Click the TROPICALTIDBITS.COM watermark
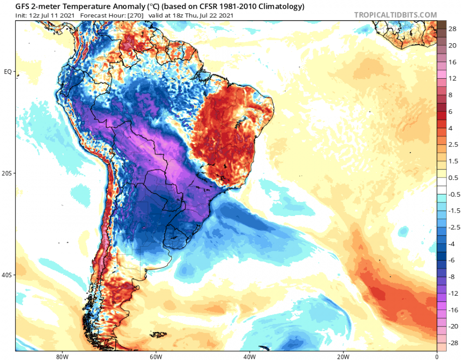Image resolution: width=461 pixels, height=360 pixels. point(396,15)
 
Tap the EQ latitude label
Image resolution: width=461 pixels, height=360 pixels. point(8,72)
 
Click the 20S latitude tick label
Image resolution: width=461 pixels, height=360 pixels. point(7,173)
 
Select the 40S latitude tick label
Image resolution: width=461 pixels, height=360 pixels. point(7,276)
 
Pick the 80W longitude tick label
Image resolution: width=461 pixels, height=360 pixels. point(61,356)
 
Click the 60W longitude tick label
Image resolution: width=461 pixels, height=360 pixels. point(155,356)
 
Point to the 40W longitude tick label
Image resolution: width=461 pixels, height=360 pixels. point(249,356)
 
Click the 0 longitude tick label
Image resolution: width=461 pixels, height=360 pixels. point(437,356)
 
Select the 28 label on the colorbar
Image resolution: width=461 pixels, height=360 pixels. point(452,29)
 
